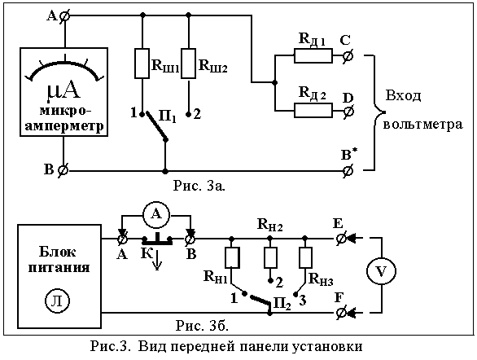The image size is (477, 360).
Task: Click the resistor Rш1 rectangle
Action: click(x=142, y=64)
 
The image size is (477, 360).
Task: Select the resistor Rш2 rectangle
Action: click(x=188, y=64)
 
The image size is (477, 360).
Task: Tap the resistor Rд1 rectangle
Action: click(x=313, y=56)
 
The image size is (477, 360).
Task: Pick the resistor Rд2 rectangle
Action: click(x=313, y=111)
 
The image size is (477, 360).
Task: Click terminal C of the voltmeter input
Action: click(x=348, y=56)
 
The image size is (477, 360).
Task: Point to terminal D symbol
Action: click(x=348, y=111)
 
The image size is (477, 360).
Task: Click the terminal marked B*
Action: click(x=348, y=171)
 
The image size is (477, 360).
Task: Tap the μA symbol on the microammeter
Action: click(x=63, y=91)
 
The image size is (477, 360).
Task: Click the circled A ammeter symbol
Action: click(x=156, y=215)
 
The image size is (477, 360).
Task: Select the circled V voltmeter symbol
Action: click(x=381, y=271)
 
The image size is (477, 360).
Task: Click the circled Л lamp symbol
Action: click(x=58, y=301)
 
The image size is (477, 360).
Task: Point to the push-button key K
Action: click(x=157, y=239)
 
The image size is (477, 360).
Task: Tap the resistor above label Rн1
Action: click(x=232, y=257)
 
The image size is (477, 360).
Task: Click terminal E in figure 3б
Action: click(x=341, y=239)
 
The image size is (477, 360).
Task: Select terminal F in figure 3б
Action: click(x=341, y=313)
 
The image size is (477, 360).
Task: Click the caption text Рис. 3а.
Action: click(x=199, y=186)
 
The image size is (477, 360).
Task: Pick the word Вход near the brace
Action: click(x=404, y=96)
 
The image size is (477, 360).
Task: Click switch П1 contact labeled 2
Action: click(x=188, y=114)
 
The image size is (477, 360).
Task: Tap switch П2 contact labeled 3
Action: click(x=295, y=294)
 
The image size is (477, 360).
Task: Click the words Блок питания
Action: click(x=59, y=260)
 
